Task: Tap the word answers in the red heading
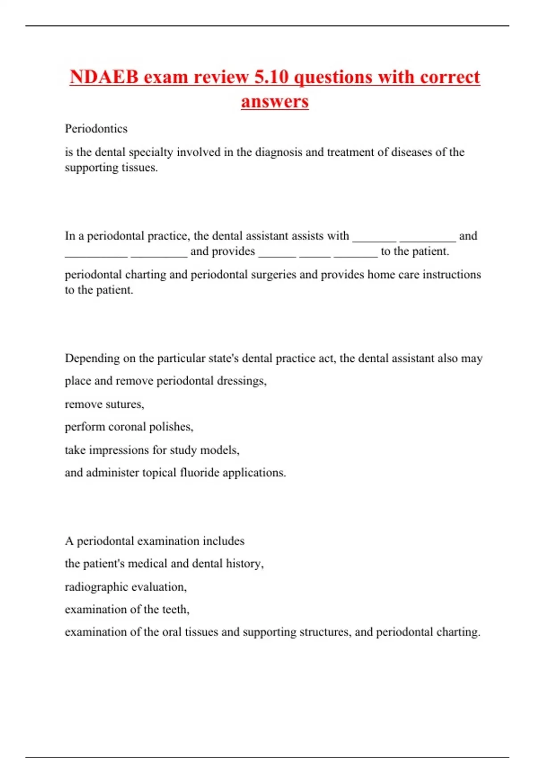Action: [x=275, y=101]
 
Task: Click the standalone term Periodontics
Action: [x=96, y=129]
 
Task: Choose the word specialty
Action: [x=151, y=152]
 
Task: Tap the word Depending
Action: [x=92, y=358]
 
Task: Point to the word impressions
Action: [x=119, y=450]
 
